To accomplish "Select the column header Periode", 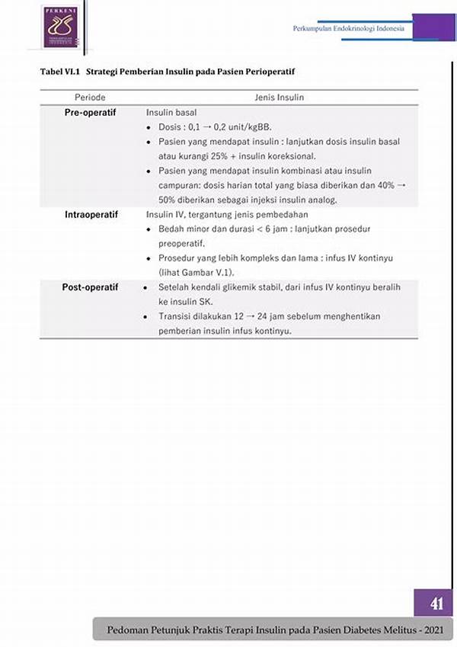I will [90, 98].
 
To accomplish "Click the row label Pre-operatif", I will [90, 112].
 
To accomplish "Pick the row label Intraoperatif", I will [90, 215].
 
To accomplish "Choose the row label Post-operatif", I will [90, 287].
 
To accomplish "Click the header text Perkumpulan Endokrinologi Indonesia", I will [349, 29].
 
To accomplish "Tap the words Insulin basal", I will [171, 113].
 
